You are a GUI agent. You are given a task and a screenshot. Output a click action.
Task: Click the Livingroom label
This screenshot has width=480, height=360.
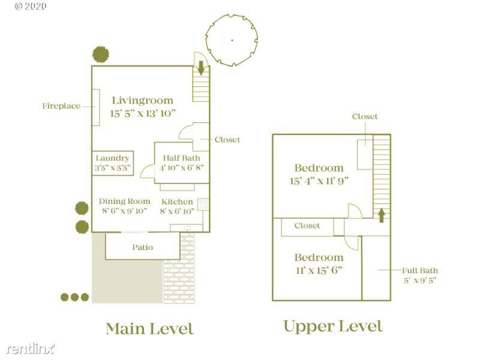(x=143, y=100)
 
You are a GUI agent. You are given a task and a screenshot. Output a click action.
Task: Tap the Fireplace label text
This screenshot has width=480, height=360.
(x=61, y=106)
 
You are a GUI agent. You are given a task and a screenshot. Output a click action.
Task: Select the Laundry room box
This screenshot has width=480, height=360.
(x=113, y=163)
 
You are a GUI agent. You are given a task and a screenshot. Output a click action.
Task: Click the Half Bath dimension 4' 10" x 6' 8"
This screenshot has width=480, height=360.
(x=182, y=167)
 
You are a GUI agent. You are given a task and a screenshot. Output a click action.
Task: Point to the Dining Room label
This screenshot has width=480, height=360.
(x=125, y=201)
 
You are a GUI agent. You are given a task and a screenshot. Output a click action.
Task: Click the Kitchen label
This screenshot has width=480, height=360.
(x=177, y=202)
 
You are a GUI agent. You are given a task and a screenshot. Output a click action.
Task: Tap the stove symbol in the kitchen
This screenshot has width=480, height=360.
(x=203, y=205)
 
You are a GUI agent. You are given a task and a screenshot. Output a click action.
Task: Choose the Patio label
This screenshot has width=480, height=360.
(x=143, y=247)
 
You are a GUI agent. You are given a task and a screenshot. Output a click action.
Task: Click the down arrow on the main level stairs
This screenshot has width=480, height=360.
(x=201, y=68)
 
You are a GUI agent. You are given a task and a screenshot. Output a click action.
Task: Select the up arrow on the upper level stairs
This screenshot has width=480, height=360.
(x=382, y=215)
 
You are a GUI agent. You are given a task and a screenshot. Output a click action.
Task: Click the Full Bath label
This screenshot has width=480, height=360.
(x=420, y=271)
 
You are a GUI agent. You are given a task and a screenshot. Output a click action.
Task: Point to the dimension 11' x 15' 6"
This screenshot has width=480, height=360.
(x=319, y=271)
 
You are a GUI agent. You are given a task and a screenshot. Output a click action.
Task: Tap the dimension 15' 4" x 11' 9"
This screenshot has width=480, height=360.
(x=319, y=181)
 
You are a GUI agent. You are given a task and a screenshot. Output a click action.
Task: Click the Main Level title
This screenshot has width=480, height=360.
(x=149, y=329)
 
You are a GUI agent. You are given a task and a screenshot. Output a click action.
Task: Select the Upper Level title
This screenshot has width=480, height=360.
(x=333, y=326)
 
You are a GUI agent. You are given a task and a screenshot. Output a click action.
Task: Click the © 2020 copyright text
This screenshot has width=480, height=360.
(x=31, y=6)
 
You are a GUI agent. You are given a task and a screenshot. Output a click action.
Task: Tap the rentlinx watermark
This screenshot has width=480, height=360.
(x=31, y=349)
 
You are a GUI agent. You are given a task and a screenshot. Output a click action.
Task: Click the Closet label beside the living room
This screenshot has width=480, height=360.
(x=227, y=140)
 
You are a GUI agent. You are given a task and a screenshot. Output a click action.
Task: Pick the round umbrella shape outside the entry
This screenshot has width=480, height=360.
(x=232, y=40)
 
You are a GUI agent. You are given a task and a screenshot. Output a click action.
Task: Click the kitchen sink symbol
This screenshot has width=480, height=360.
(x=188, y=229)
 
